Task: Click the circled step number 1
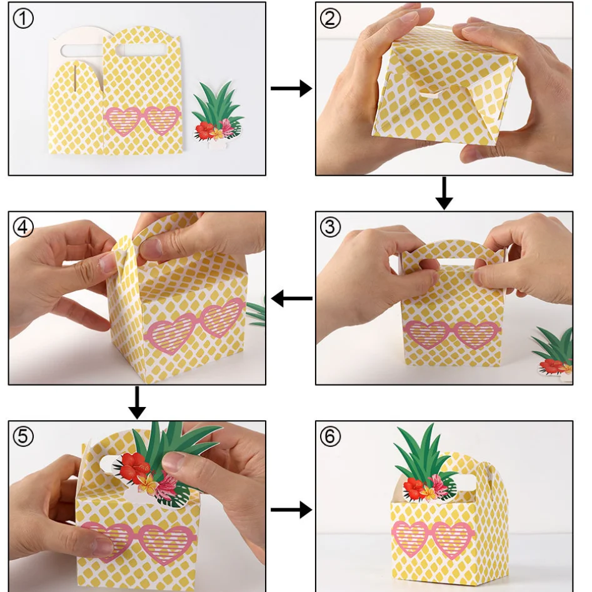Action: (x=23, y=18)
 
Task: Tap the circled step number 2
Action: (x=331, y=18)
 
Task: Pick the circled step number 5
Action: (x=23, y=436)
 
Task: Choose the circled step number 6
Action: (x=331, y=436)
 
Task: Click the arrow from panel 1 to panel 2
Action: (x=291, y=89)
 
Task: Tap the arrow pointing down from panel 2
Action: (x=444, y=194)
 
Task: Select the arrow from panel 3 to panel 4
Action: (x=292, y=299)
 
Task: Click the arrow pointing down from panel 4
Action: (x=137, y=403)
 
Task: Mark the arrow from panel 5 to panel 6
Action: (x=291, y=510)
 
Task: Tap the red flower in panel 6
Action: (x=414, y=487)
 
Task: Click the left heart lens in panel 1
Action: (x=123, y=121)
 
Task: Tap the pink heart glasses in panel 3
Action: (x=453, y=334)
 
